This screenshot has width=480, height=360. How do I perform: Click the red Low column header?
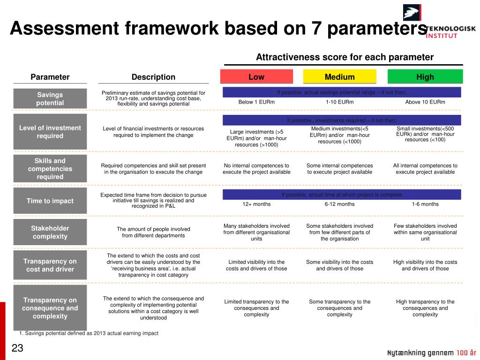coord(256,77)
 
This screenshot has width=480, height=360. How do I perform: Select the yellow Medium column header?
coord(340,77)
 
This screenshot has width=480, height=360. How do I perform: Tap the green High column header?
coord(425,77)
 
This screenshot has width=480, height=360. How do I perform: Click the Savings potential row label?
coord(50,98)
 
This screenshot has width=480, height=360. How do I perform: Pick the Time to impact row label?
coord(50,201)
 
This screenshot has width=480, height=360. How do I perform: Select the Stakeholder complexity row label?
coord(50,232)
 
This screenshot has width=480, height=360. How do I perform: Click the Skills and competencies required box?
coord(50,169)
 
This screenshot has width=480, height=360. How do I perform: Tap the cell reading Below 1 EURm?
coord(256,102)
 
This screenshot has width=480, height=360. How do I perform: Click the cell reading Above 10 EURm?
coord(425,102)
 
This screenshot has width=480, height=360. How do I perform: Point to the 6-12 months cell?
coord(340,204)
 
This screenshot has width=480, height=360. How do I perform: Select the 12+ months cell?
coord(256,204)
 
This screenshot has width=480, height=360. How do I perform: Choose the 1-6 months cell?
coord(425,204)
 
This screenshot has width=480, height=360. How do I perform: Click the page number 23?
coord(17,348)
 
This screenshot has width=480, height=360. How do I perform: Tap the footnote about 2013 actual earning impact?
coord(89,333)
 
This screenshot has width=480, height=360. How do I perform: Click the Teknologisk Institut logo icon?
coord(412,13)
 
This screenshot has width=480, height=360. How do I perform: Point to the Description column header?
coord(153,77)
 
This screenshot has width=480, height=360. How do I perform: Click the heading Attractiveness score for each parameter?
coord(345,57)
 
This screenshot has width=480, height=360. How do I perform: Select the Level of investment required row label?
coord(50,132)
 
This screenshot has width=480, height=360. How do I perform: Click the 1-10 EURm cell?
coord(340,102)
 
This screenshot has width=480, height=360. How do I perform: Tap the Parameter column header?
coord(50,77)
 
